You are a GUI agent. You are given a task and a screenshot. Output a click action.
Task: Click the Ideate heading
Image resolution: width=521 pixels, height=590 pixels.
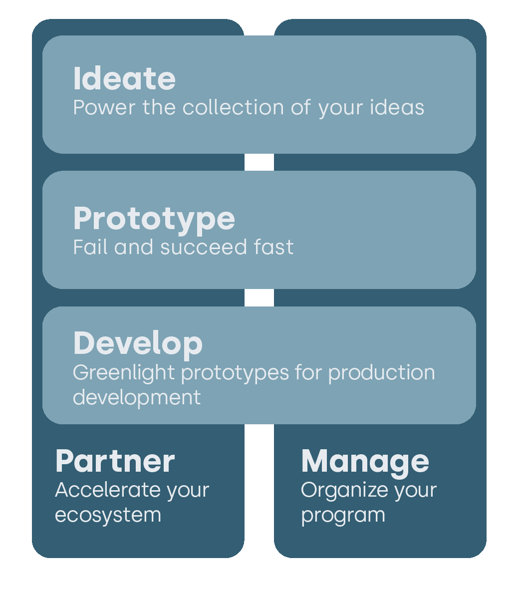click(x=124, y=78)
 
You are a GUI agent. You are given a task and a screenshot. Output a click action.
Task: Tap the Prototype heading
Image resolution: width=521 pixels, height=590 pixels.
click(x=154, y=220)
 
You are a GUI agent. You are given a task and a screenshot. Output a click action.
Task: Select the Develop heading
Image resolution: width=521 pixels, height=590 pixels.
click(x=138, y=344)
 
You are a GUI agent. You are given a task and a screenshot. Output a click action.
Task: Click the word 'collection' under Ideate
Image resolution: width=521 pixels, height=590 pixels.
click(x=233, y=107)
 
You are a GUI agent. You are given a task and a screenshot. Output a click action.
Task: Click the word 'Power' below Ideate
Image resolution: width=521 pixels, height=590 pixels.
click(x=104, y=108)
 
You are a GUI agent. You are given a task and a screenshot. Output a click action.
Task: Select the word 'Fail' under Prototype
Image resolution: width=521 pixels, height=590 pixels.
click(x=90, y=247)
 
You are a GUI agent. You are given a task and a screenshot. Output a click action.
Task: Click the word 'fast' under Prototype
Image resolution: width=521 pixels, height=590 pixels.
click(x=274, y=247)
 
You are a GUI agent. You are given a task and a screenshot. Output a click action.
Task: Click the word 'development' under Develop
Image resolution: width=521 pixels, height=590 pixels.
click(x=137, y=397)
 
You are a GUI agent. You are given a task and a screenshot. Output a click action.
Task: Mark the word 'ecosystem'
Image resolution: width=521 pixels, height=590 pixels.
click(x=108, y=516)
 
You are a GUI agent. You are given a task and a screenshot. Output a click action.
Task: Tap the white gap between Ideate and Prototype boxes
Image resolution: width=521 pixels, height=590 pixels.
click(x=259, y=162)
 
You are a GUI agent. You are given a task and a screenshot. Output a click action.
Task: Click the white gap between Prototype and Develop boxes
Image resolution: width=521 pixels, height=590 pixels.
click(x=259, y=297)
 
